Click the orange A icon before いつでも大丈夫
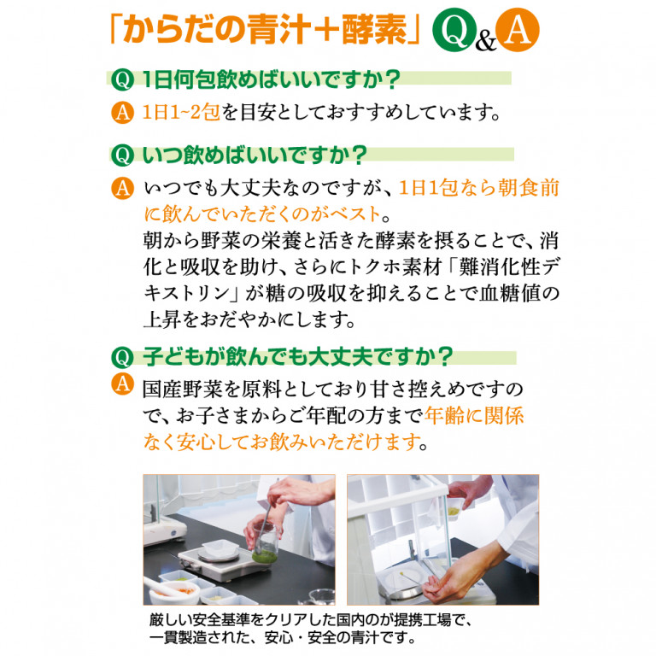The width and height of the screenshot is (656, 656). point(123,186)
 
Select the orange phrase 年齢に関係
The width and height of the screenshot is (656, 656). point(473,416)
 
